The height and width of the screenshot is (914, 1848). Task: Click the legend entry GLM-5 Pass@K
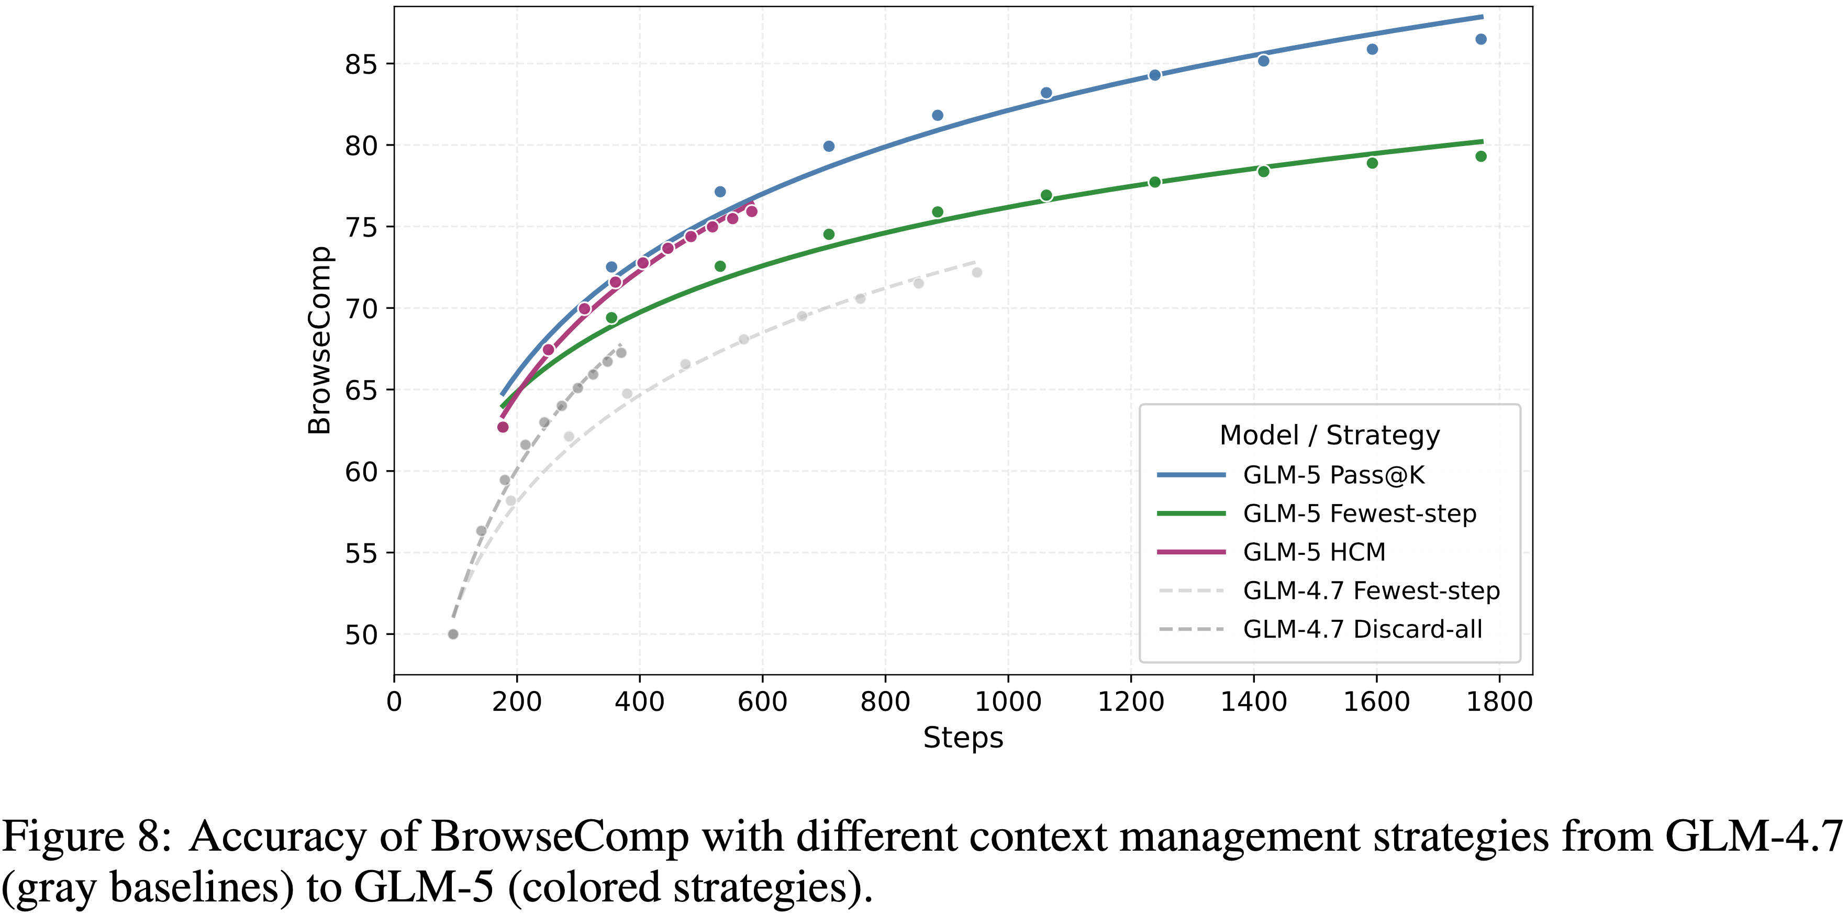click(1333, 475)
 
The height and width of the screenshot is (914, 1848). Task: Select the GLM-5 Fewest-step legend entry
click(1359, 514)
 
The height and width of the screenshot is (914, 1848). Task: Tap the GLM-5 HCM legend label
click(1313, 552)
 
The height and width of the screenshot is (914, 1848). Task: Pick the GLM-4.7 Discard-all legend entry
click(1362, 629)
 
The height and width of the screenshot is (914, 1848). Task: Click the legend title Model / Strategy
click(1329, 436)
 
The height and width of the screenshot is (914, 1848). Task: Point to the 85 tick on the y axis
click(361, 64)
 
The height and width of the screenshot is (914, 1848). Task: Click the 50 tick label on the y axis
click(361, 635)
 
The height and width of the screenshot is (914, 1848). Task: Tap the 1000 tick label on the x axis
click(1008, 701)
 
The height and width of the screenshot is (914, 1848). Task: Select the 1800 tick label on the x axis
click(1499, 701)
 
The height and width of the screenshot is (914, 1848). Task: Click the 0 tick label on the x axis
click(394, 701)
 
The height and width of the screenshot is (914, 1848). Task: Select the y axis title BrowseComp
click(319, 340)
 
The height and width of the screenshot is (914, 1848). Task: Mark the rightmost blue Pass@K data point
click(1480, 39)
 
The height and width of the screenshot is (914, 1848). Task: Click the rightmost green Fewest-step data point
click(1480, 157)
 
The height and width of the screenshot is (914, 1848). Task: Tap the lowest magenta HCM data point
click(503, 427)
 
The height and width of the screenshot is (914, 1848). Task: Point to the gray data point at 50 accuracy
click(453, 634)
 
